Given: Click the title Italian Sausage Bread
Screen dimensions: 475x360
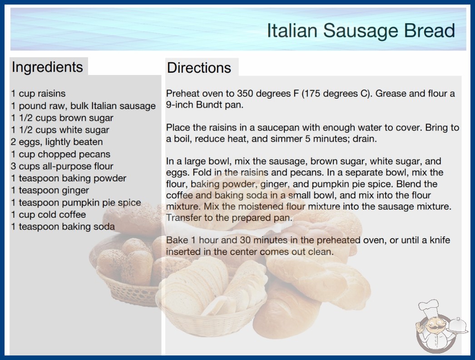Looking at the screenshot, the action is (x=361, y=30).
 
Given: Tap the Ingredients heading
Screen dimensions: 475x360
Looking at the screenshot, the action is (x=47, y=67).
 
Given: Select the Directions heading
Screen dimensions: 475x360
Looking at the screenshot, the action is (x=199, y=68).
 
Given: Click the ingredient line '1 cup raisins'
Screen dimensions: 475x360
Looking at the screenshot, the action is (x=38, y=94).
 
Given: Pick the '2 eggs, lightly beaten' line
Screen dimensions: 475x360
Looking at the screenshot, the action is (x=57, y=142).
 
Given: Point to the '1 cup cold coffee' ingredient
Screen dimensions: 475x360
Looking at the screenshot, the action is (x=49, y=215).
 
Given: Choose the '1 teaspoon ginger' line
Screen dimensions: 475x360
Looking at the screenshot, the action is (x=50, y=190).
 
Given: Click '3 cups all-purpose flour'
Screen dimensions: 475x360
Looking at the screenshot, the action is (x=62, y=166).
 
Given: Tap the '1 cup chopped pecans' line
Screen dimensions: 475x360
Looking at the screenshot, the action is (x=60, y=154).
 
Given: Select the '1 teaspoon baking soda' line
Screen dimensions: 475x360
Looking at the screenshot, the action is (x=63, y=226).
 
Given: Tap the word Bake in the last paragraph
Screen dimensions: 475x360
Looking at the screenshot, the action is (x=177, y=240).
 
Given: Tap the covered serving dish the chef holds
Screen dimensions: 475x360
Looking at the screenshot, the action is (x=457, y=326).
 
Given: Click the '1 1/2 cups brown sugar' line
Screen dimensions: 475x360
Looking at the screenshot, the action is (x=62, y=118).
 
